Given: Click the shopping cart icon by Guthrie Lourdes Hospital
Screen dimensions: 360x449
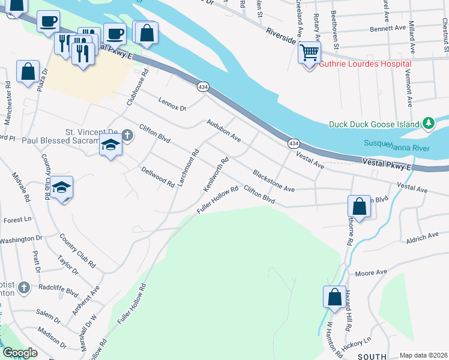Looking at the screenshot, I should coord(309,53).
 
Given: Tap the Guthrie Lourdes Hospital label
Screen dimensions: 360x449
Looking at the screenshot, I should coord(365,64).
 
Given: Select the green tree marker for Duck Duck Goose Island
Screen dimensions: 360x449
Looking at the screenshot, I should coord(428,124).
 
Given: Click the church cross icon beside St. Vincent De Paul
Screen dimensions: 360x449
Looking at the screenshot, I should coord(127,136).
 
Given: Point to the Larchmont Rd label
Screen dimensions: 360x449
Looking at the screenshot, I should coord(188,167).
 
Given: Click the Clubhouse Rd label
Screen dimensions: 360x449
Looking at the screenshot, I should coord(136,92).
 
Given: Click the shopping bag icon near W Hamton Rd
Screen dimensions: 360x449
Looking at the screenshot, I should coord(334,297).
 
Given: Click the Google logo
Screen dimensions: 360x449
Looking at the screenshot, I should coord(19,353).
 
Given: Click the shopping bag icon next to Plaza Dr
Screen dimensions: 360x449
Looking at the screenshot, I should coord(28,72).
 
